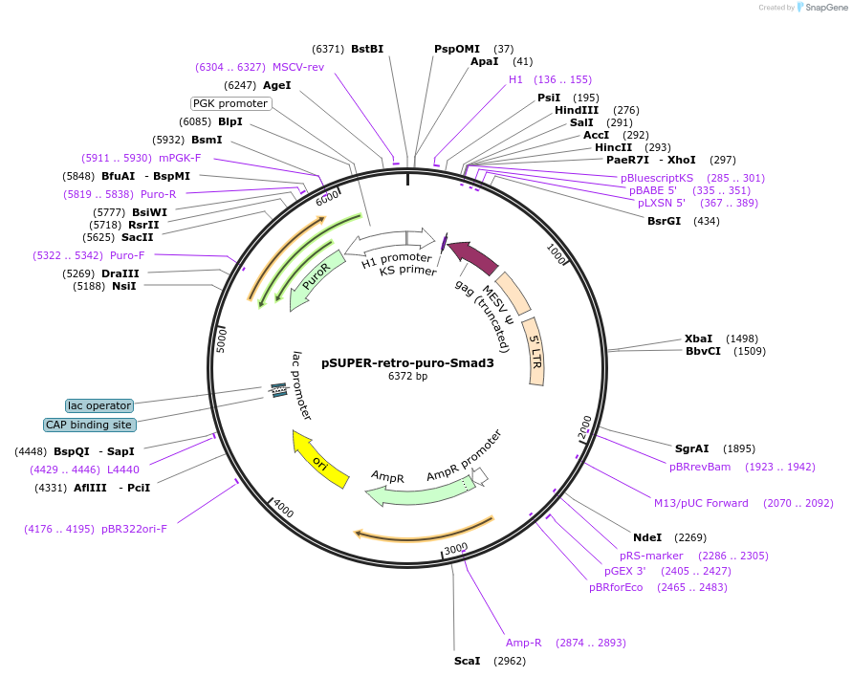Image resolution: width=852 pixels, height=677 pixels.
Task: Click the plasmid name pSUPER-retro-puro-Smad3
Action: pyautogui.click(x=407, y=362)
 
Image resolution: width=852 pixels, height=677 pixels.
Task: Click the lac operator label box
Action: pyautogui.click(x=99, y=405)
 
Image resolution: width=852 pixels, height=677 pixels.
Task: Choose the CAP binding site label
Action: pyautogui.click(x=90, y=425)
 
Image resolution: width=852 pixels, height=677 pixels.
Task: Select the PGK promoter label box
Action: pyautogui.click(x=230, y=103)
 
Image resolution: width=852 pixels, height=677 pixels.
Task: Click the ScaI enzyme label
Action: pyautogui.click(x=468, y=661)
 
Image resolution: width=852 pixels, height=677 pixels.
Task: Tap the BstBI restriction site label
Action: pyautogui.click(x=366, y=48)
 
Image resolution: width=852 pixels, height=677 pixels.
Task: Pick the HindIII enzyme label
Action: pyautogui.click(x=577, y=110)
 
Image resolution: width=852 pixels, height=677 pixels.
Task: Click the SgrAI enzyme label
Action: pyautogui.click(x=692, y=448)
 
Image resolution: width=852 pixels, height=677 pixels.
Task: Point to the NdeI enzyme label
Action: pyautogui.click(x=647, y=536)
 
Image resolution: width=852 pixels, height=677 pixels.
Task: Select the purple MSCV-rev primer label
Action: pyautogui.click(x=298, y=67)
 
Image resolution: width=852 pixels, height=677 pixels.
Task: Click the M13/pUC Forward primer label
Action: pyautogui.click(x=701, y=503)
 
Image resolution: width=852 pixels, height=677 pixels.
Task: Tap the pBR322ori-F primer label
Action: pyautogui.click(x=134, y=529)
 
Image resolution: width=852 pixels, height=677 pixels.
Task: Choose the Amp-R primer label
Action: pyautogui.click(x=524, y=643)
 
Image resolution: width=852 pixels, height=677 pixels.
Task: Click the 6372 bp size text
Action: pyautogui.click(x=407, y=377)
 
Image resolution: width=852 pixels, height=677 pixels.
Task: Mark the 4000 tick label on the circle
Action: pyautogui.click(x=283, y=510)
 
